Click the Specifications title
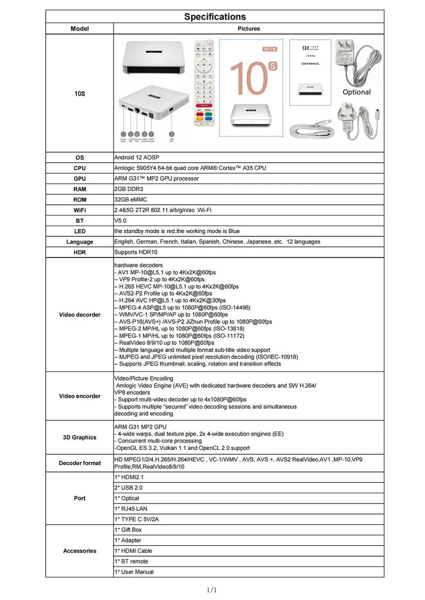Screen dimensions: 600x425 coord(215,17)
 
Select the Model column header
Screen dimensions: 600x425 coord(80,29)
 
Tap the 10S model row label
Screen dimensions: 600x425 coord(80,94)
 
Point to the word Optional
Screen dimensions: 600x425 coord(356,92)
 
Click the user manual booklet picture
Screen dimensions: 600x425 coord(310,72)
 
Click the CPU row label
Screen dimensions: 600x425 coord(80,168)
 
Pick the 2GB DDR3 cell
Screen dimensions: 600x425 coord(129,189)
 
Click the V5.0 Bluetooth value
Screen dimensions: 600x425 coord(121,221)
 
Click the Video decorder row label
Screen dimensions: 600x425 coord(80,315)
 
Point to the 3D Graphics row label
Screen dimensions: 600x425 coord(80,437)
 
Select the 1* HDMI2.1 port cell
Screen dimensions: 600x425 coord(129,477)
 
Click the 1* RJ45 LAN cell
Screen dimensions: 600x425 coord(131,509)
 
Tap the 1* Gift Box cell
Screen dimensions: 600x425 coord(128,530)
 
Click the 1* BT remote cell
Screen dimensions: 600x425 coord(131,561)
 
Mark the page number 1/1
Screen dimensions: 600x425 coord(212,590)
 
